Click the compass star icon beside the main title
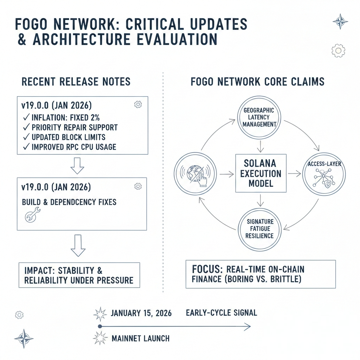(340, 21)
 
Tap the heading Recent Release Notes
(76, 82)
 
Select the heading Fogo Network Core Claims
(257, 82)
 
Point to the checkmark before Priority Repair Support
(25, 127)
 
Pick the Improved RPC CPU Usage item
(69, 147)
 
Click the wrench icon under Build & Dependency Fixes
(33, 214)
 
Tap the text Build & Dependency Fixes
(69, 202)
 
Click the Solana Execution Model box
(261, 174)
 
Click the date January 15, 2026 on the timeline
(141, 313)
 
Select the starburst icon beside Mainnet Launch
(100, 339)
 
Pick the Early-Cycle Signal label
(221, 313)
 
